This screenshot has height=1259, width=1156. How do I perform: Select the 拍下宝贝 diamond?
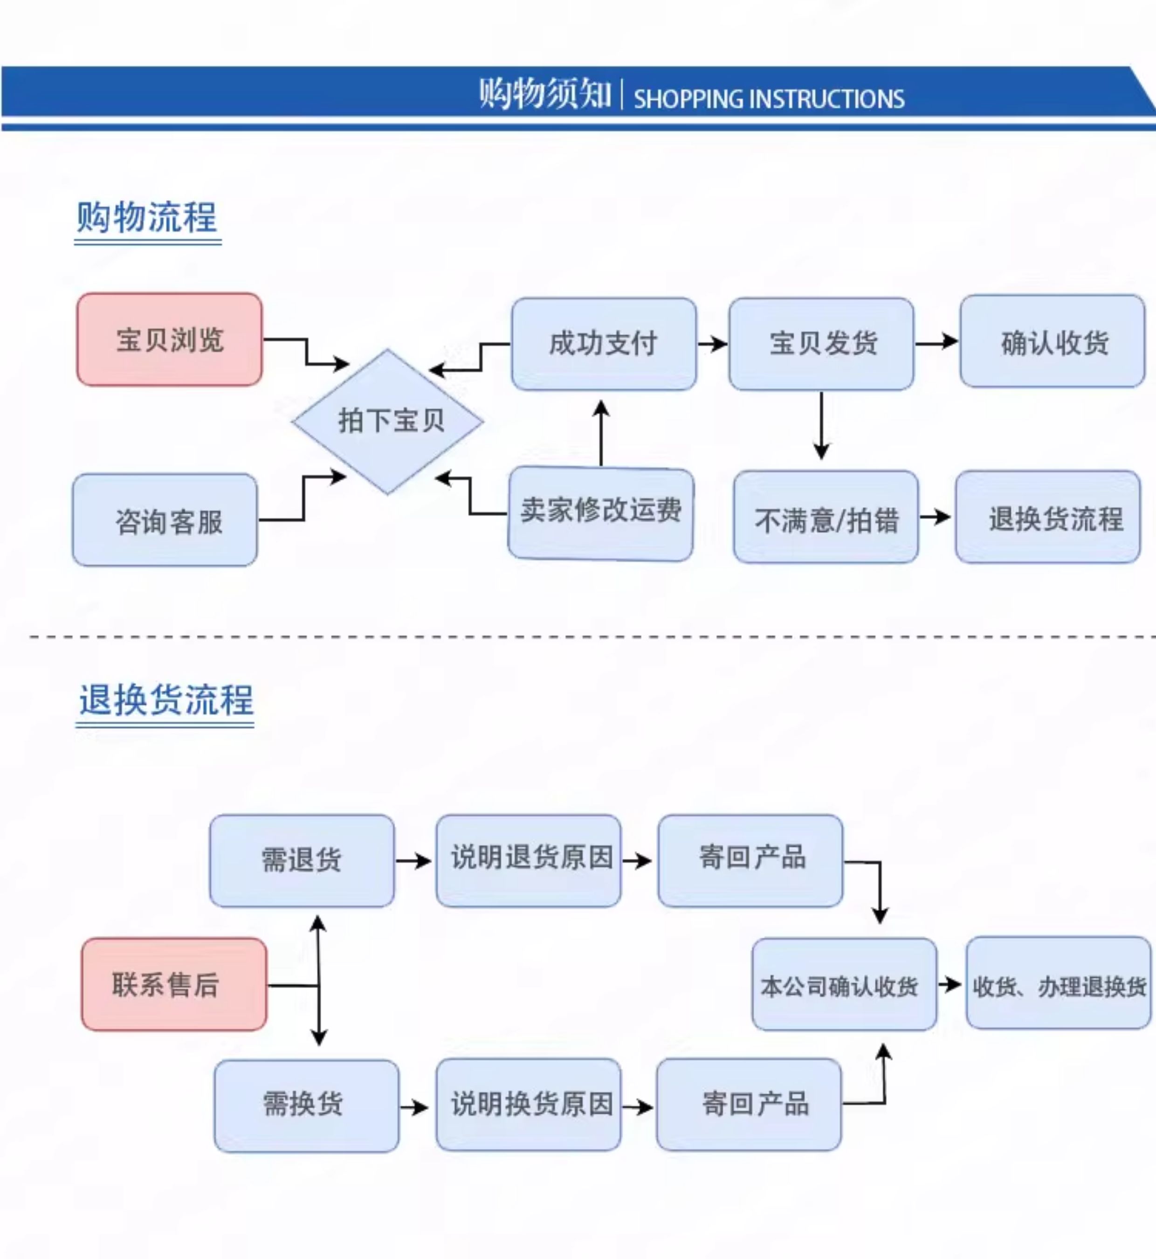click(388, 422)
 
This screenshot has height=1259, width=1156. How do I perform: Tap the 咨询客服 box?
click(165, 520)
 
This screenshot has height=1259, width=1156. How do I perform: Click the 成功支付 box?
click(604, 344)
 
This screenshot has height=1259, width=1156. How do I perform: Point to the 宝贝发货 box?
click(821, 344)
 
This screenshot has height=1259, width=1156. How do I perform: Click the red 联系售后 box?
click(174, 984)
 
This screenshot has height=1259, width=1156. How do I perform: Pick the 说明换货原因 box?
click(529, 1105)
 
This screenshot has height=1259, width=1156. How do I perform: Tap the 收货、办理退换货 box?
click(1059, 983)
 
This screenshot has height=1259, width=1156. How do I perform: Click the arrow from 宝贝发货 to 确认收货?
click(936, 342)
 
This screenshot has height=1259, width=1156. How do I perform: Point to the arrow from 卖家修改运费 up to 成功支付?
click(601, 433)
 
